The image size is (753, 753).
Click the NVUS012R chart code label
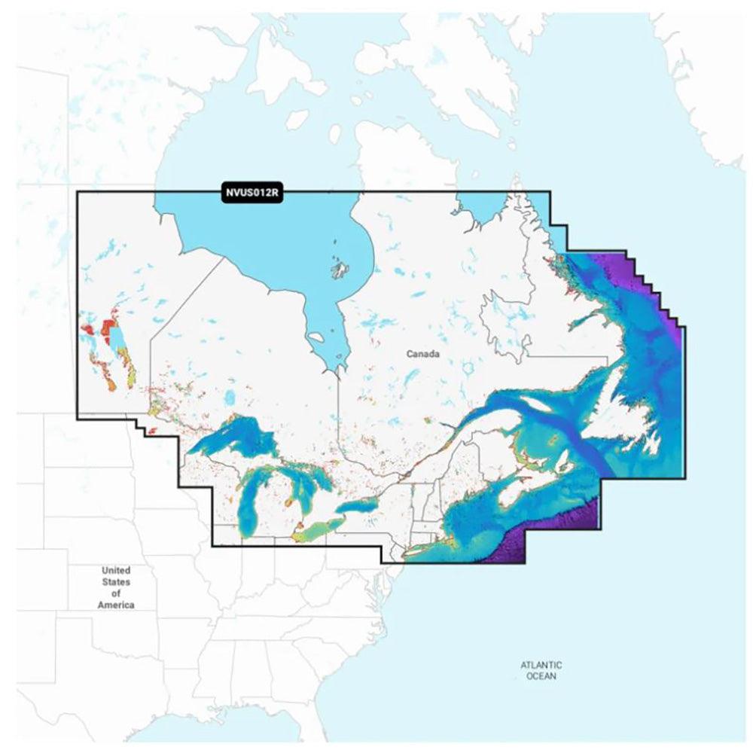click(x=252, y=192)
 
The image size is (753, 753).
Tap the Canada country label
click(x=422, y=353)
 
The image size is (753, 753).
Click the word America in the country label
click(x=116, y=605)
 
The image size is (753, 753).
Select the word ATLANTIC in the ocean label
click(x=541, y=665)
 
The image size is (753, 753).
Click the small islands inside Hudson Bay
click(x=340, y=267)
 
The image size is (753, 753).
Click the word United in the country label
click(x=116, y=570)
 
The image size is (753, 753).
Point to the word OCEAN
click(x=541, y=677)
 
